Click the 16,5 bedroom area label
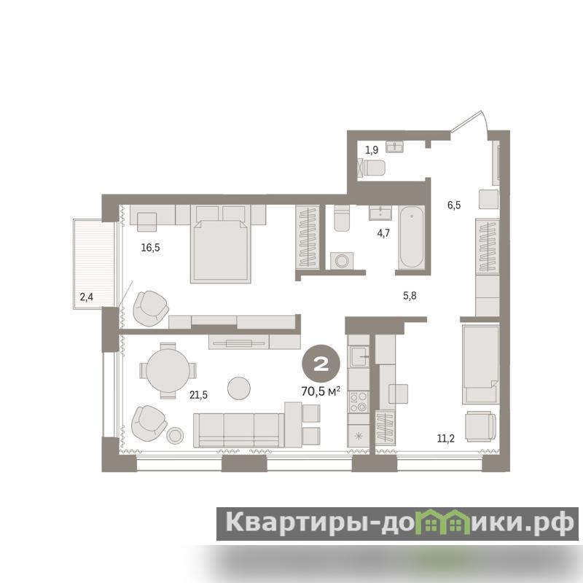pyautogui.click(x=150, y=247)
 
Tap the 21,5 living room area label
pyautogui.click(x=198, y=395)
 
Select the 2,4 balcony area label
pyautogui.click(x=86, y=297)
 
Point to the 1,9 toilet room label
pyautogui.click(x=372, y=150)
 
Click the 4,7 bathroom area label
pyautogui.click(x=383, y=233)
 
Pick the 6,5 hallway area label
pyautogui.click(x=454, y=205)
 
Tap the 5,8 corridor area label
pyautogui.click(x=410, y=296)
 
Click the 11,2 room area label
pyautogui.click(x=445, y=439)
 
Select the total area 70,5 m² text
pyautogui.click(x=321, y=391)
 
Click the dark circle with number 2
pyautogui.click(x=321, y=365)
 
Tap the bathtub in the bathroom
pyautogui.click(x=411, y=237)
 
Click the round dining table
pyautogui.click(x=168, y=370)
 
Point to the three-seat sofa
pyautogui.click(x=239, y=430)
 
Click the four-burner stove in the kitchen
pyautogui.click(x=358, y=402)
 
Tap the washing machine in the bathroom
pyautogui.click(x=342, y=261)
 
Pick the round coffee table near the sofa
pyautogui.click(x=239, y=388)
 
